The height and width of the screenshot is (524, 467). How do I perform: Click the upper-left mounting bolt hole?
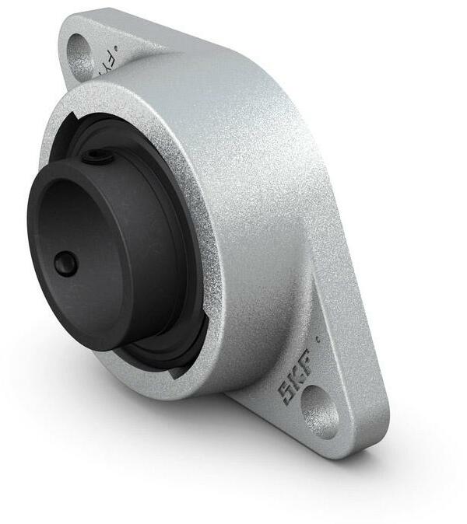pos(82,54)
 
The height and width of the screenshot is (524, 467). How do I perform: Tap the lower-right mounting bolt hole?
pos(321,411)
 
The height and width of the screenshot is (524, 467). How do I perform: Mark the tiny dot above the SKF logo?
pos(318,340)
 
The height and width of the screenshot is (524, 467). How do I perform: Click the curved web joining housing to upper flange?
pos(156,54)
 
